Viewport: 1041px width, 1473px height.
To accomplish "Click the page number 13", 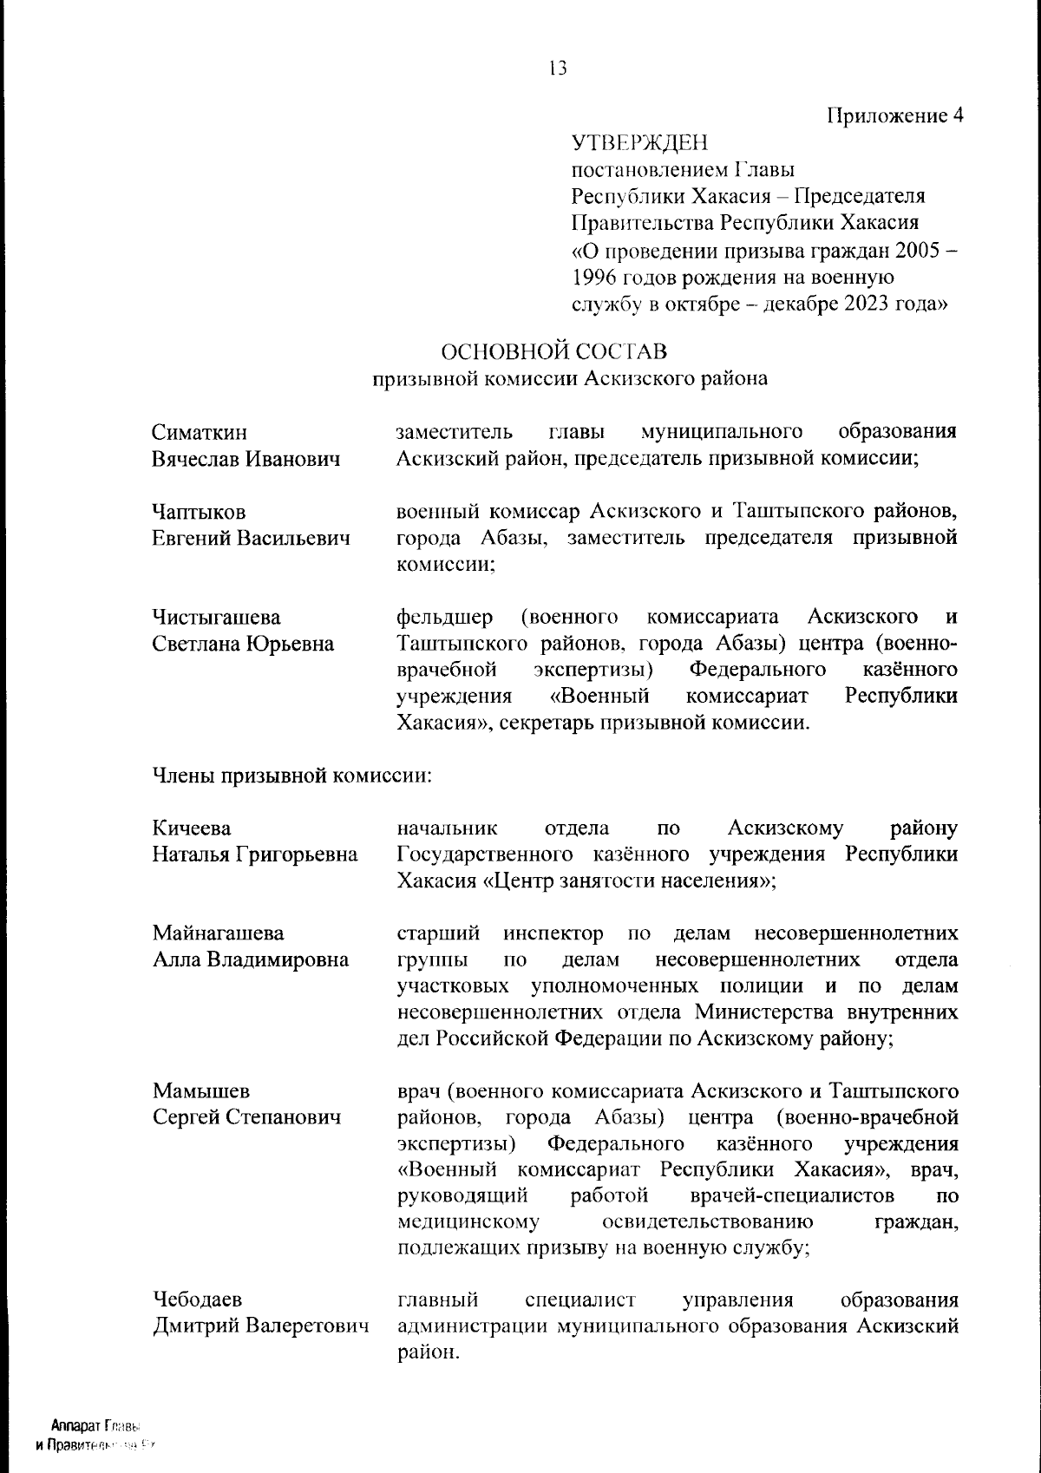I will click(558, 68).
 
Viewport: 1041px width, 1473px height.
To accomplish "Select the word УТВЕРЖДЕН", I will click(639, 142).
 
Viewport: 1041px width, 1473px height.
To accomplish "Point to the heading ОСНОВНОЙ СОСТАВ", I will click(554, 351).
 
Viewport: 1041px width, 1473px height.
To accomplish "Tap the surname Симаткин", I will click(200, 432).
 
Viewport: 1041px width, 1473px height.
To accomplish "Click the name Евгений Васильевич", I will click(251, 538).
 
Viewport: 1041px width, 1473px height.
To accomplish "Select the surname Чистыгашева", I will click(216, 618).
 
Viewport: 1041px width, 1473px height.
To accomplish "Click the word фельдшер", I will click(444, 618).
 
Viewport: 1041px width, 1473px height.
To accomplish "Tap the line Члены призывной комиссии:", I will click(291, 775).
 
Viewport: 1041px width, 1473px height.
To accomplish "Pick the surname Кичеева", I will click(192, 828).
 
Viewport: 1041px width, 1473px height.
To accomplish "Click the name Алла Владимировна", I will click(251, 959).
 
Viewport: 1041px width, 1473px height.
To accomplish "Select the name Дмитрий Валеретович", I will click(260, 1326).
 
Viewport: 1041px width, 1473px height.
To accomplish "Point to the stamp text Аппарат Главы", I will click(95, 1426).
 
